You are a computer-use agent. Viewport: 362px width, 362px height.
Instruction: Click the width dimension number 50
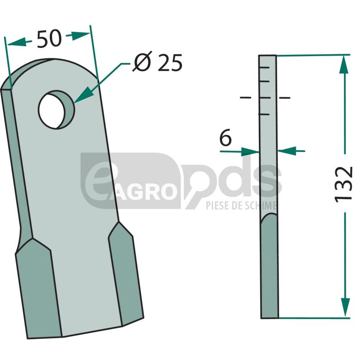pos(49,39)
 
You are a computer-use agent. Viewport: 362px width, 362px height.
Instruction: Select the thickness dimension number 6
pos(225,138)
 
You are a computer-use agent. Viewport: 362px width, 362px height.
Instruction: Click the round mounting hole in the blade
pos(56,110)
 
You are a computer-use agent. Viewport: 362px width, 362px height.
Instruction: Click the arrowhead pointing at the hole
pos(84,95)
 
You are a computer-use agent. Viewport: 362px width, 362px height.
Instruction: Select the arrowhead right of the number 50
pos(80,35)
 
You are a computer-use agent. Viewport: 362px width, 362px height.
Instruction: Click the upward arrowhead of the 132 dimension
pos(344,64)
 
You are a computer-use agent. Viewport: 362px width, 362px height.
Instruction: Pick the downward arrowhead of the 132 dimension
pos(345,307)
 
